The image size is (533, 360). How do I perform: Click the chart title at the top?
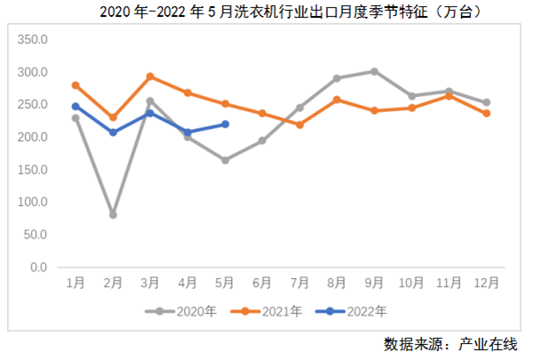(266, 12)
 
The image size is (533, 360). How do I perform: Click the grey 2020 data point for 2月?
(113, 215)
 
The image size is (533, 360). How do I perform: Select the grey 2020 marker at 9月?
(374, 71)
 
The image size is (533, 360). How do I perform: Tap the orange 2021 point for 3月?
(150, 76)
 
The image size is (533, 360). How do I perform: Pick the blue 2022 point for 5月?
(225, 124)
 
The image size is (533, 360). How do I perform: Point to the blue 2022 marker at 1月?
(76, 106)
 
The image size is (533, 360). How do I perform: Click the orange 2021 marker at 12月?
(486, 114)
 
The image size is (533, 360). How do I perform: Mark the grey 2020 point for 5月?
(225, 161)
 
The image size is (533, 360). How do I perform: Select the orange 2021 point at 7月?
(299, 124)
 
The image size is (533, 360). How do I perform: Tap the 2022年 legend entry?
(360, 311)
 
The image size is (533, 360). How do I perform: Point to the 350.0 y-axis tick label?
(33, 39)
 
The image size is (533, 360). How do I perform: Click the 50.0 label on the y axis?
(36, 235)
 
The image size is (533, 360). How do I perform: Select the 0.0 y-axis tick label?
(38, 268)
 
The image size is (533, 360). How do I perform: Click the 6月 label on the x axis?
(262, 284)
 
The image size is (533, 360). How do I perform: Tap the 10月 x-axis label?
(411, 284)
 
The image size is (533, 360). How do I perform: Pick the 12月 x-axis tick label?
(486, 284)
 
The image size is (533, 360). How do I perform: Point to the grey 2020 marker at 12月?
(486, 102)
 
